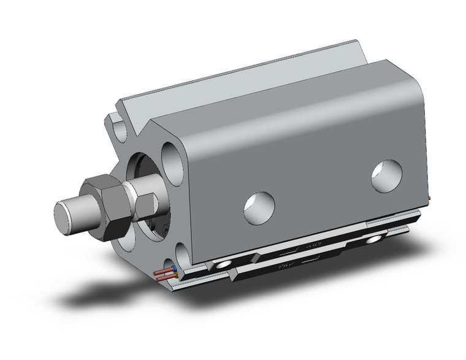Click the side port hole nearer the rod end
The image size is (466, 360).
[258, 208]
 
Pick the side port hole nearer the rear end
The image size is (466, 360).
[386, 175]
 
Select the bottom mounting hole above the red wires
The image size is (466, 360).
[182, 256]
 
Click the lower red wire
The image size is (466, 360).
[164, 279]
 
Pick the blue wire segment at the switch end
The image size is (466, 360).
[175, 268]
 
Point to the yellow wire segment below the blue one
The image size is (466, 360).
[175, 276]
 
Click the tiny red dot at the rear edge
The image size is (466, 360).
[431, 197]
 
